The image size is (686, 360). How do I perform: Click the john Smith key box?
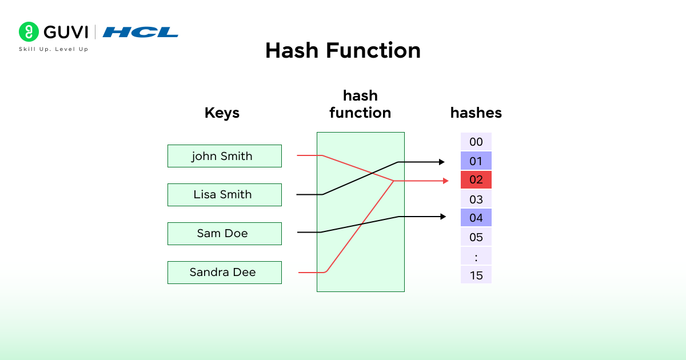pyautogui.click(x=224, y=156)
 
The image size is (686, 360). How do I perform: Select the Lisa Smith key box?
pyautogui.click(x=224, y=195)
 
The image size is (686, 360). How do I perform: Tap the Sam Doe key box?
pyautogui.click(x=224, y=234)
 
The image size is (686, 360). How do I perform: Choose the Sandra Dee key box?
pyautogui.click(x=224, y=273)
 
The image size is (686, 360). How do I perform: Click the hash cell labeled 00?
pyautogui.click(x=476, y=142)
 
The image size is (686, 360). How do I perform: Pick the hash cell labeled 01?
pyautogui.click(x=476, y=161)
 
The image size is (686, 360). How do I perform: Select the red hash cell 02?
pyautogui.click(x=476, y=180)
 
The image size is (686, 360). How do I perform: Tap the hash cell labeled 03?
pyautogui.click(x=476, y=199)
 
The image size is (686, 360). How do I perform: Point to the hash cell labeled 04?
pyautogui.click(x=476, y=218)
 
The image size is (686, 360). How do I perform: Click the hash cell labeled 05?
pyautogui.click(x=476, y=237)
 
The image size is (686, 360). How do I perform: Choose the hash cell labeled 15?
pyautogui.click(x=476, y=275)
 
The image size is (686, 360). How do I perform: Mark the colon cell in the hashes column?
pyautogui.click(x=476, y=256)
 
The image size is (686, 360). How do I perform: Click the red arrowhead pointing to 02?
pyautogui.click(x=446, y=181)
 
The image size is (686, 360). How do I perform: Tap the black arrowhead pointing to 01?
pyautogui.click(x=441, y=162)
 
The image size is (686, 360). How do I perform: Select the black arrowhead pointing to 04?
pyautogui.click(x=442, y=217)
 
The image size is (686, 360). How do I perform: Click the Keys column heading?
pyautogui.click(x=222, y=113)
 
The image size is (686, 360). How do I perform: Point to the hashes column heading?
pyautogui.click(x=476, y=113)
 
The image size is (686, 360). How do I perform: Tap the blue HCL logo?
pyautogui.click(x=141, y=32)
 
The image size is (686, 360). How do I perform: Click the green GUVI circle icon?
pyautogui.click(x=29, y=31)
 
